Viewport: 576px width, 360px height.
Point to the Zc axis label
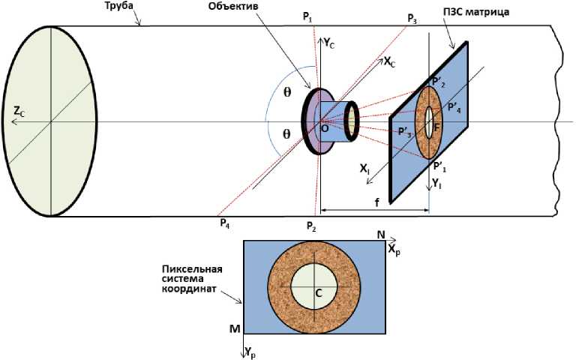point(20,112)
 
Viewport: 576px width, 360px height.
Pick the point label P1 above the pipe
point(308,16)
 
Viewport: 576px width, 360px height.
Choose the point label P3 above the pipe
point(412,18)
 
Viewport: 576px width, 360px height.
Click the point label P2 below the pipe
point(311,224)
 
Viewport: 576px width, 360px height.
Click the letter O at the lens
point(325,130)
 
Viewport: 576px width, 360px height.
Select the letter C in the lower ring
point(318,293)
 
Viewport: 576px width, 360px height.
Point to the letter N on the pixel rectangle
point(381,235)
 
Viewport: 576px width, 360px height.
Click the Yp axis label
point(250,352)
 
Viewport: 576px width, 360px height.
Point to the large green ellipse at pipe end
point(49,121)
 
